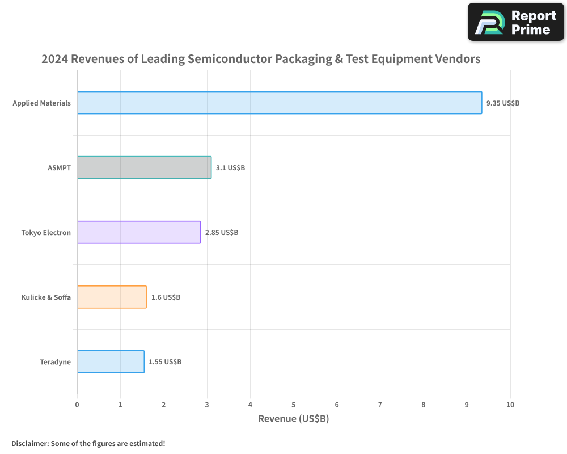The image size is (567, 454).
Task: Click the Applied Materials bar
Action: pyautogui.click(x=279, y=103)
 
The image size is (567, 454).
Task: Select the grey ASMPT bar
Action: pyautogui.click(x=144, y=167)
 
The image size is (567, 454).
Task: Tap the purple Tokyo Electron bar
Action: pyautogui.click(x=138, y=232)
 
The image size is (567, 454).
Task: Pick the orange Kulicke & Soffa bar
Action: pyautogui.click(x=112, y=297)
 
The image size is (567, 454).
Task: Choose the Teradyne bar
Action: pyautogui.click(x=111, y=361)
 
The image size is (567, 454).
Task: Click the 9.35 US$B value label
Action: pyautogui.click(x=503, y=103)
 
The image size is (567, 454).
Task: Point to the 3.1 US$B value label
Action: pyautogui.click(x=230, y=168)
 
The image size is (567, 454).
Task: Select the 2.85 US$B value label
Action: pyautogui.click(x=222, y=233)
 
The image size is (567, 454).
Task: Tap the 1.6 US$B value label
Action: pyautogui.click(x=166, y=297)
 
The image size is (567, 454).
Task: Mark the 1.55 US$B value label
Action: pyautogui.click(x=165, y=362)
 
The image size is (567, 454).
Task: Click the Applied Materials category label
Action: pyautogui.click(x=42, y=103)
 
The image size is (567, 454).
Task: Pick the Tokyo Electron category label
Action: pyautogui.click(x=46, y=233)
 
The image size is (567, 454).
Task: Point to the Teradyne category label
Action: pyautogui.click(x=56, y=362)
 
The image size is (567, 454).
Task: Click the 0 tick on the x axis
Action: pyautogui.click(x=77, y=405)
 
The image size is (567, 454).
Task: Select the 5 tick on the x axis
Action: pyautogui.click(x=294, y=405)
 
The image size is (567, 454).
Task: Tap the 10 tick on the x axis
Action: pyautogui.click(x=510, y=405)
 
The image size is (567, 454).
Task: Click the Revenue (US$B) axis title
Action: pyautogui.click(x=293, y=419)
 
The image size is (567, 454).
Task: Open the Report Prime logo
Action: pyautogui.click(x=516, y=22)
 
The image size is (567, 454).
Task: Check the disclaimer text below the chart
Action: pyautogui.click(x=88, y=443)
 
